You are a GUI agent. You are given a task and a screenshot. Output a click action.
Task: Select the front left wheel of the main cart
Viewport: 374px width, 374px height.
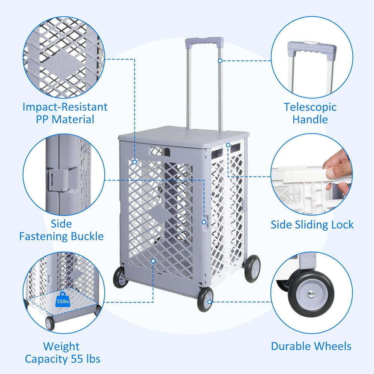tap(120, 277)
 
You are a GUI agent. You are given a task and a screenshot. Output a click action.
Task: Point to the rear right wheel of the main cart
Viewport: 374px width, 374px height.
tap(252, 268)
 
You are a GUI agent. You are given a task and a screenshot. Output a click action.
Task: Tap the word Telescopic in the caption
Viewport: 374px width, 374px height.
tap(310, 107)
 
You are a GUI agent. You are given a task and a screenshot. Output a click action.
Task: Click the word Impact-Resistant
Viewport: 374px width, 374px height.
tap(65, 107)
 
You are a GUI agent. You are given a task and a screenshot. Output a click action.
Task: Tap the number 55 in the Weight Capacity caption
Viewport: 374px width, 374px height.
tap(77, 359)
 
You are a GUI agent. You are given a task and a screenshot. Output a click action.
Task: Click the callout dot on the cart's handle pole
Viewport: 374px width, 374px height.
tap(220, 60)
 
